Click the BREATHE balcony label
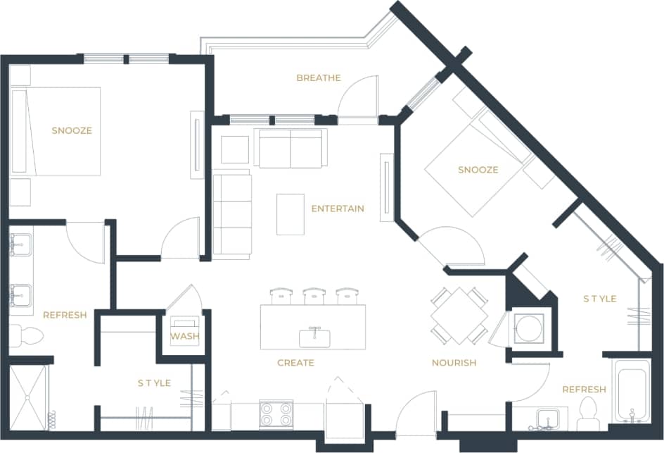tap(318, 78)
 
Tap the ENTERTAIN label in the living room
tap(338, 209)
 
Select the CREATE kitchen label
tap(295, 363)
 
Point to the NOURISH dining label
tap(454, 363)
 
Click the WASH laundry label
tap(184, 336)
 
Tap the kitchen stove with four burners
tap(276, 414)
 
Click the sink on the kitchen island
tap(314, 337)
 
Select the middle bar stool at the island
tap(314, 295)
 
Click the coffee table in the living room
tap(290, 214)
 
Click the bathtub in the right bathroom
tap(631, 394)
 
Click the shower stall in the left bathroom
tap(29, 397)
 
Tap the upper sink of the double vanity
tap(21, 245)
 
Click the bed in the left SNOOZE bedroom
tap(56, 131)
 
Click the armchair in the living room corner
tap(234, 149)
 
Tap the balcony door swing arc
tap(361, 96)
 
